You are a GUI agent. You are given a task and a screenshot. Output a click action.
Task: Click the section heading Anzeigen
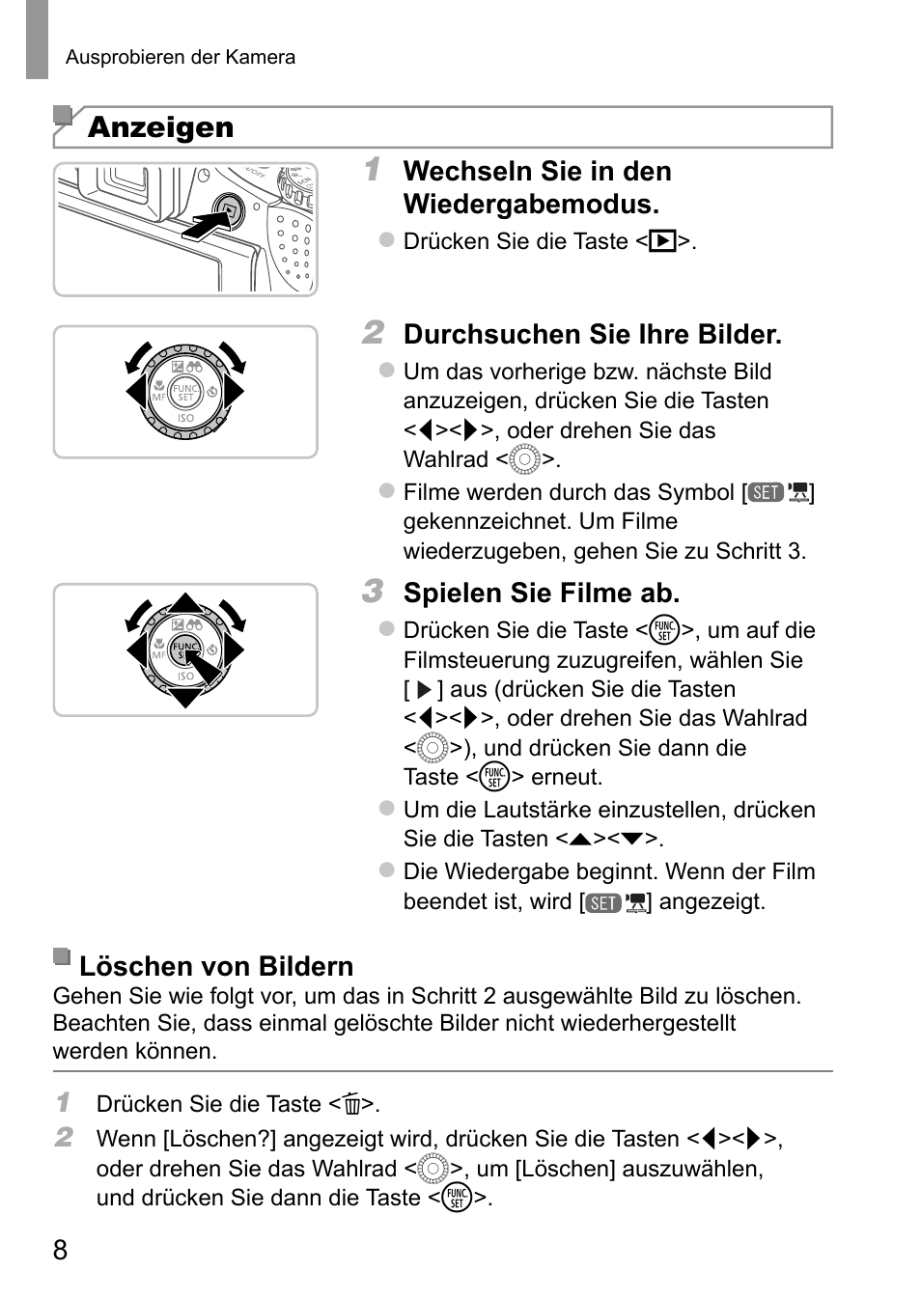[x=160, y=127]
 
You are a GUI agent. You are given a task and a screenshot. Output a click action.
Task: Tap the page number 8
[x=61, y=1251]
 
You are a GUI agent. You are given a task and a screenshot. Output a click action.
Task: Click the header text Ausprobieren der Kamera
[x=181, y=57]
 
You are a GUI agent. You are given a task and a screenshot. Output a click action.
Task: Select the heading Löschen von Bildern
[x=216, y=966]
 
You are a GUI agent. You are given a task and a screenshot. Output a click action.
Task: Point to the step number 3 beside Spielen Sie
[x=373, y=591]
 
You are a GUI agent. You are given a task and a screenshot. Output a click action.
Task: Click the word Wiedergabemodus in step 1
[x=531, y=205]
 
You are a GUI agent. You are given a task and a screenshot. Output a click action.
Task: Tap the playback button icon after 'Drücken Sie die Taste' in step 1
[x=662, y=241]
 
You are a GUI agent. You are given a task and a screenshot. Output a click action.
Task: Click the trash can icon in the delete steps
[x=351, y=1104]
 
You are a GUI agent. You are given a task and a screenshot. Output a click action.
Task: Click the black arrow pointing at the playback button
[x=205, y=227]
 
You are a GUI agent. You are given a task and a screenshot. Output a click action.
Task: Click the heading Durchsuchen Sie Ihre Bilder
[x=593, y=335]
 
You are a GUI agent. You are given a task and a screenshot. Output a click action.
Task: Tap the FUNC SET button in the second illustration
[x=184, y=393]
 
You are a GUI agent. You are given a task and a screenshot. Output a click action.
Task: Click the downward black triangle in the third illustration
[x=184, y=698]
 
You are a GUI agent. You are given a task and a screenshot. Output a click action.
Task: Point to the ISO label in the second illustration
[x=185, y=419]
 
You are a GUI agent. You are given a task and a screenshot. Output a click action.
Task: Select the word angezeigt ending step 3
[x=712, y=902]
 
